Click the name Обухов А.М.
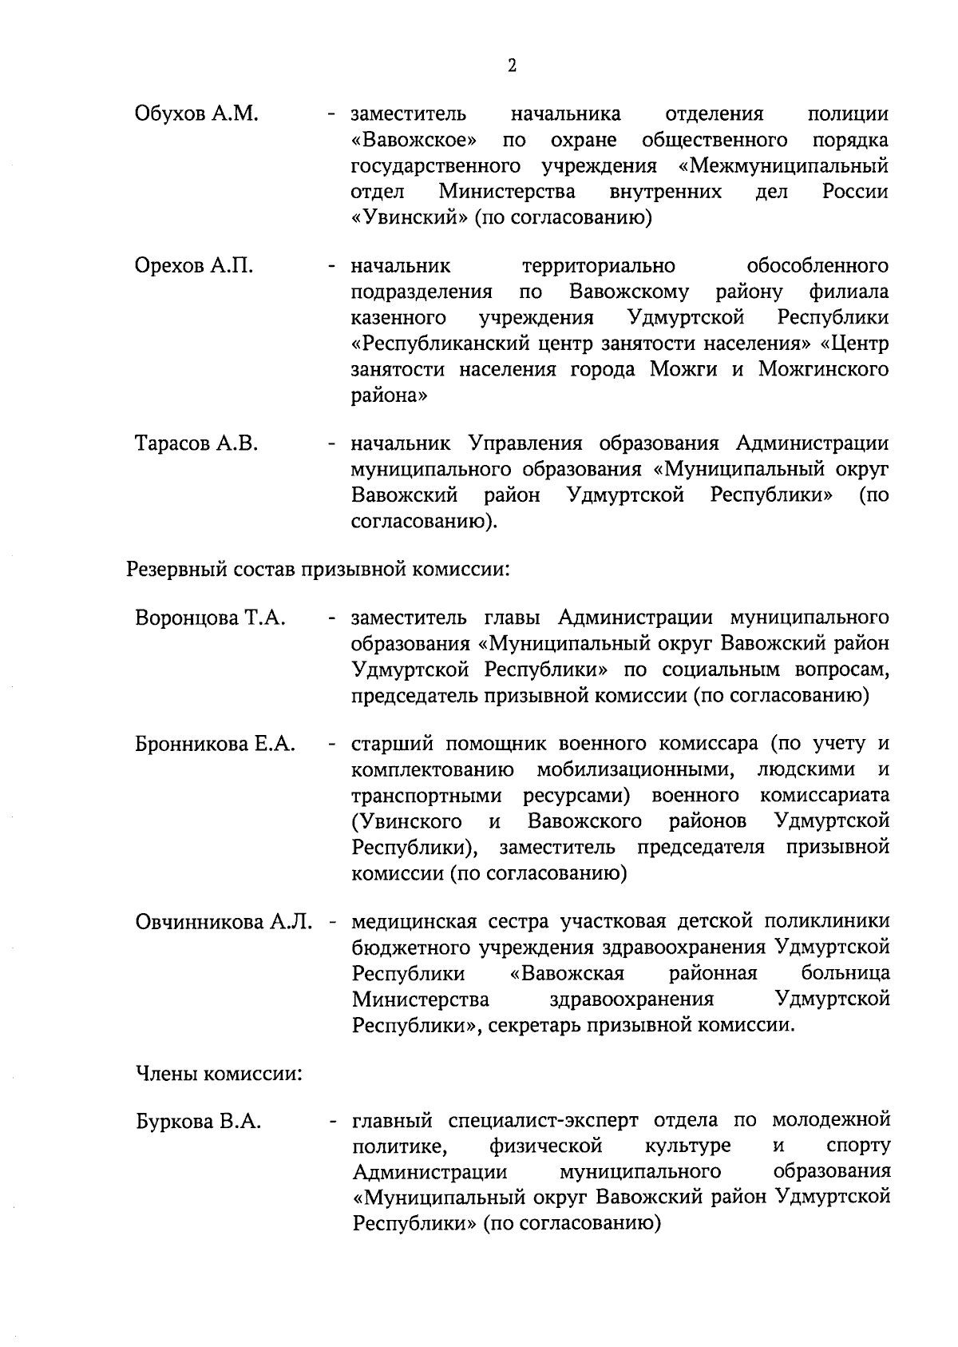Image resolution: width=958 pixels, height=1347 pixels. click(196, 114)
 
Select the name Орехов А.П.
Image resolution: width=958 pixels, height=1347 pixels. click(194, 266)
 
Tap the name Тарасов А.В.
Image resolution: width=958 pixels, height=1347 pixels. click(196, 443)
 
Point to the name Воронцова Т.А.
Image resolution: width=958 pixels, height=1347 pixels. click(211, 618)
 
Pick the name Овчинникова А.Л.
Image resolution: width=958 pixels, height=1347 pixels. click(223, 922)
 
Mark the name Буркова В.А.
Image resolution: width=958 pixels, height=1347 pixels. click(199, 1122)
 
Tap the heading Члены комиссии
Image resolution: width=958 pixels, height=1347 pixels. click(218, 1073)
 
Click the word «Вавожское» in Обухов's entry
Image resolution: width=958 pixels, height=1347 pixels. click(415, 141)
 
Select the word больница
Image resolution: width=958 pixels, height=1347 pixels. click(845, 974)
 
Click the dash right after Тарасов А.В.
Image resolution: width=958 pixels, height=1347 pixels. click(330, 443)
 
